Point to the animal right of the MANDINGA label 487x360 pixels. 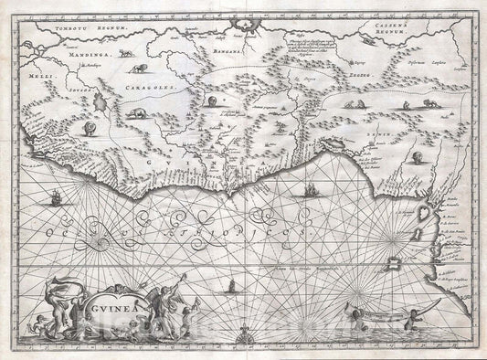pos(137,67)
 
